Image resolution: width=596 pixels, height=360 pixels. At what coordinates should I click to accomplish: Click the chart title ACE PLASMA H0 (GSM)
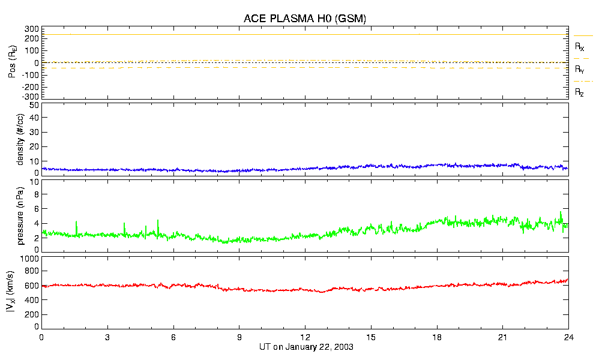(x=304, y=19)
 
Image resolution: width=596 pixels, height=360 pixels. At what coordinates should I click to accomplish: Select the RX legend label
(x=580, y=46)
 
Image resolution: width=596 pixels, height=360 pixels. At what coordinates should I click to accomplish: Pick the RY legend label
(x=580, y=70)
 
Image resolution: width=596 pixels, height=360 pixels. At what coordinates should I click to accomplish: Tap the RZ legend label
(x=580, y=92)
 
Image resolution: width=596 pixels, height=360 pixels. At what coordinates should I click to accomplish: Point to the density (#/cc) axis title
(x=20, y=139)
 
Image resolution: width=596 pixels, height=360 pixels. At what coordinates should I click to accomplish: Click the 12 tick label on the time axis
(x=305, y=338)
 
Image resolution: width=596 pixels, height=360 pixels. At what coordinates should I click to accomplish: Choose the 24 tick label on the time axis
(x=568, y=338)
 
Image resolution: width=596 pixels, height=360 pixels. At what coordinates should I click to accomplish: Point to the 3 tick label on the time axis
(x=107, y=338)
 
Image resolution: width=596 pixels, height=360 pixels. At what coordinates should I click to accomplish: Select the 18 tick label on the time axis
(x=437, y=338)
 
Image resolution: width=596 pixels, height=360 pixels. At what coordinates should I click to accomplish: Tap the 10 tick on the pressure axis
(x=35, y=194)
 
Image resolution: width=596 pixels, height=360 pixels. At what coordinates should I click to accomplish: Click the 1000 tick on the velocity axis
(x=30, y=259)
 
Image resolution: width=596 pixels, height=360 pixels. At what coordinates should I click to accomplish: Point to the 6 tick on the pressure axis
(x=37, y=209)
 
